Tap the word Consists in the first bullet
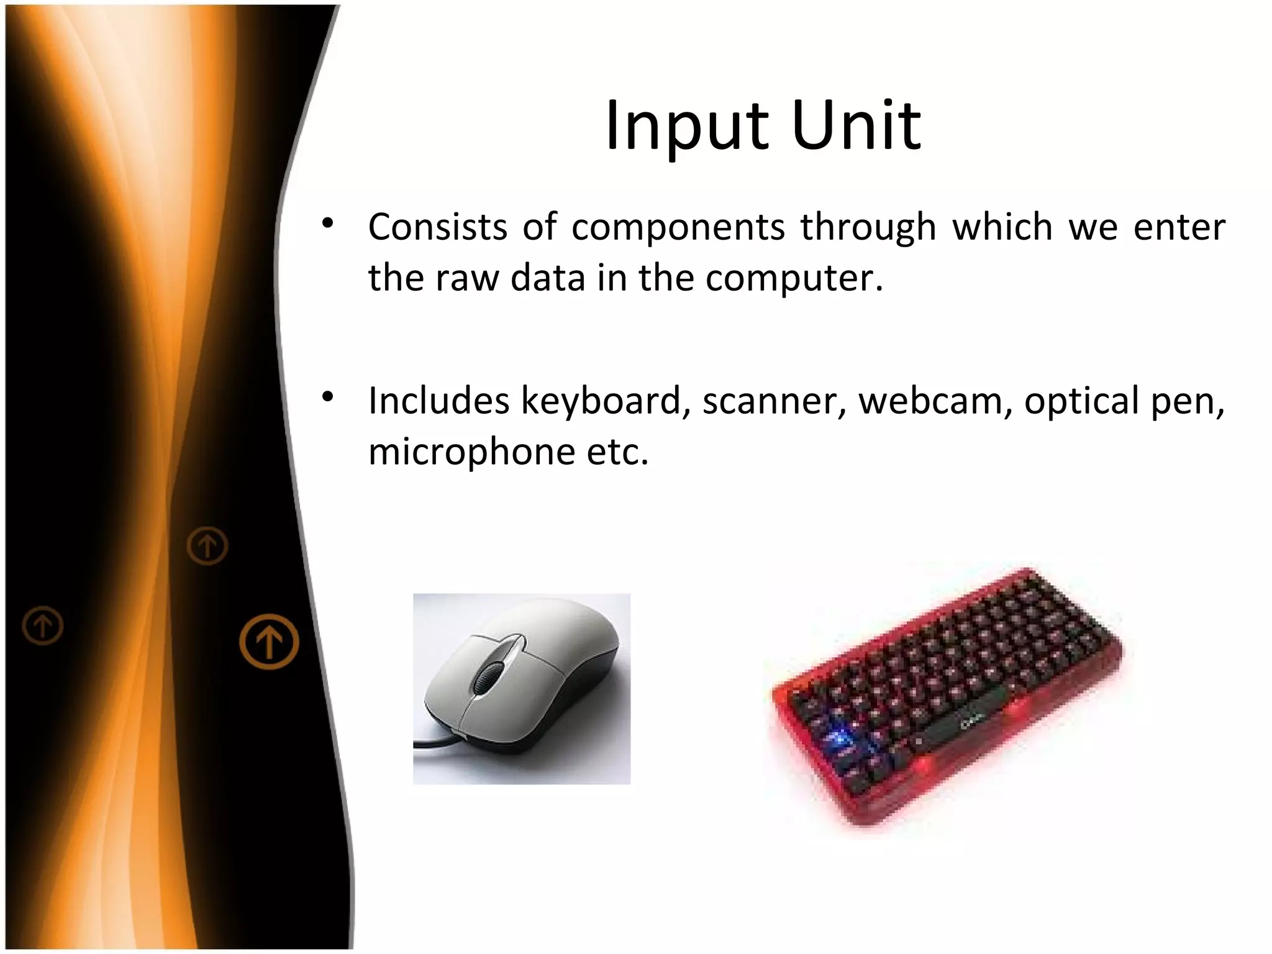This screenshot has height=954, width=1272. click(438, 227)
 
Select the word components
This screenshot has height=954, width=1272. click(678, 228)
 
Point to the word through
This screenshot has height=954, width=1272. click(868, 228)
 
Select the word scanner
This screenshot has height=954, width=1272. click(774, 402)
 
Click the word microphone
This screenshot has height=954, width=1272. click(472, 452)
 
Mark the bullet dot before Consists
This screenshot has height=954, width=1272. click(328, 224)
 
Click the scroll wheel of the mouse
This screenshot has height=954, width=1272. click(490, 676)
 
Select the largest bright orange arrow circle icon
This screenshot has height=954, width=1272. click(269, 641)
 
